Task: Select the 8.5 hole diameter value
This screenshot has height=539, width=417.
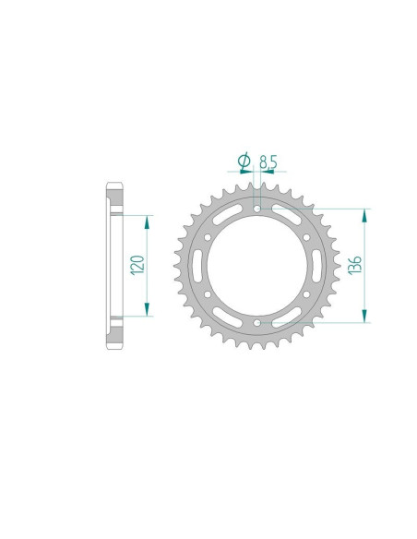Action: pos(268,163)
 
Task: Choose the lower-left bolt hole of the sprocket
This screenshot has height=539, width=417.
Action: pos(213,295)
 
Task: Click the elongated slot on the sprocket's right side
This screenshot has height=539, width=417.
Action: pos(310,267)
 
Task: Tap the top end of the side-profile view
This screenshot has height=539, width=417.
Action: pos(114,187)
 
